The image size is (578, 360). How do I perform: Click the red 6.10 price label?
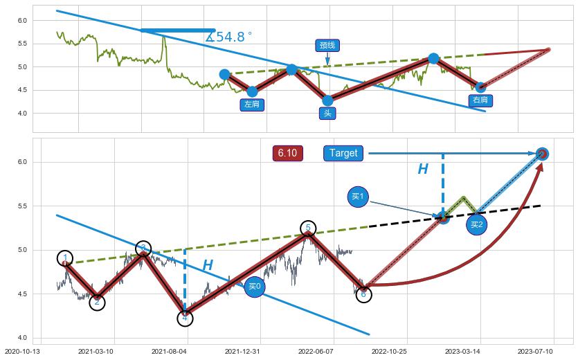[x=287, y=153]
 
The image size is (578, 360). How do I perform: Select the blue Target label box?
[x=343, y=153]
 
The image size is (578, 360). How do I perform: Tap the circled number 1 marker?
[x=65, y=258]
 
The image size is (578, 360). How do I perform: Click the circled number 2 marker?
[x=97, y=302]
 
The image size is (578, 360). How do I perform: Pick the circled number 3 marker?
[x=143, y=249]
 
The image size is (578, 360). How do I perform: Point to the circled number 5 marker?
[x=308, y=228]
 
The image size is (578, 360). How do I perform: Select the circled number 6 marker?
[x=363, y=294]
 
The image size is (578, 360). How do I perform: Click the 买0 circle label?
[x=254, y=286]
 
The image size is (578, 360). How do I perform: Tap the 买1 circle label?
[x=357, y=197]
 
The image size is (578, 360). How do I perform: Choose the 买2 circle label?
[x=476, y=224]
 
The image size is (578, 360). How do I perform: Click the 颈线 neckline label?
[x=327, y=46]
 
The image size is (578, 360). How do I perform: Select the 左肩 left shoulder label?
[x=252, y=105]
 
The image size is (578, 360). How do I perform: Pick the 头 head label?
[x=327, y=113]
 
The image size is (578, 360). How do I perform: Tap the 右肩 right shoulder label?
[x=480, y=100]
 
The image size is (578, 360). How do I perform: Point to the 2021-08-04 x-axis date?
[x=170, y=352]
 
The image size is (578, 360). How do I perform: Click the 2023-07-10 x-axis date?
[x=536, y=352]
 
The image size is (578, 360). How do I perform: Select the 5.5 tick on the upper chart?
[x=22, y=44]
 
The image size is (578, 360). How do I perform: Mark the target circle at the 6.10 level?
[x=542, y=154]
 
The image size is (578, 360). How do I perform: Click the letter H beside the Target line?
[x=422, y=170]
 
